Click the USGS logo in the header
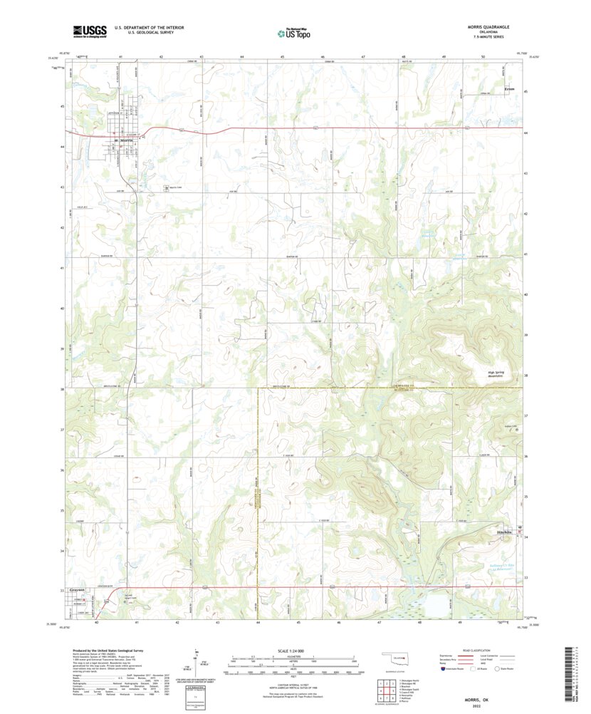click(x=88, y=31)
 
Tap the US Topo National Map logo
click(x=294, y=31)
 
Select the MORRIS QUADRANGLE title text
click(x=487, y=27)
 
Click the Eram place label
click(x=508, y=89)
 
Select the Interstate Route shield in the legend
click(x=444, y=668)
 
